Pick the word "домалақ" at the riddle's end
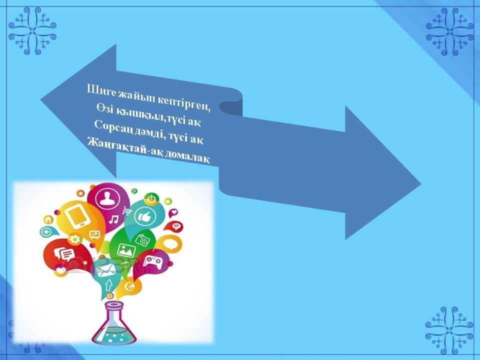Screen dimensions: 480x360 [187, 157]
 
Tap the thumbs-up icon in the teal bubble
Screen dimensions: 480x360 [145, 216]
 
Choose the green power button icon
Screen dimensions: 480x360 [151, 199]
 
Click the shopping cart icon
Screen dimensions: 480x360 [126, 210]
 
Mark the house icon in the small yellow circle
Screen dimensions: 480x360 [48, 219]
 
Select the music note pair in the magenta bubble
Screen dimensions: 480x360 [114, 219]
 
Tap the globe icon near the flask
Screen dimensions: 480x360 [129, 287]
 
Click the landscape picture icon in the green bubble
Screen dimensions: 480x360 [126, 250]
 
